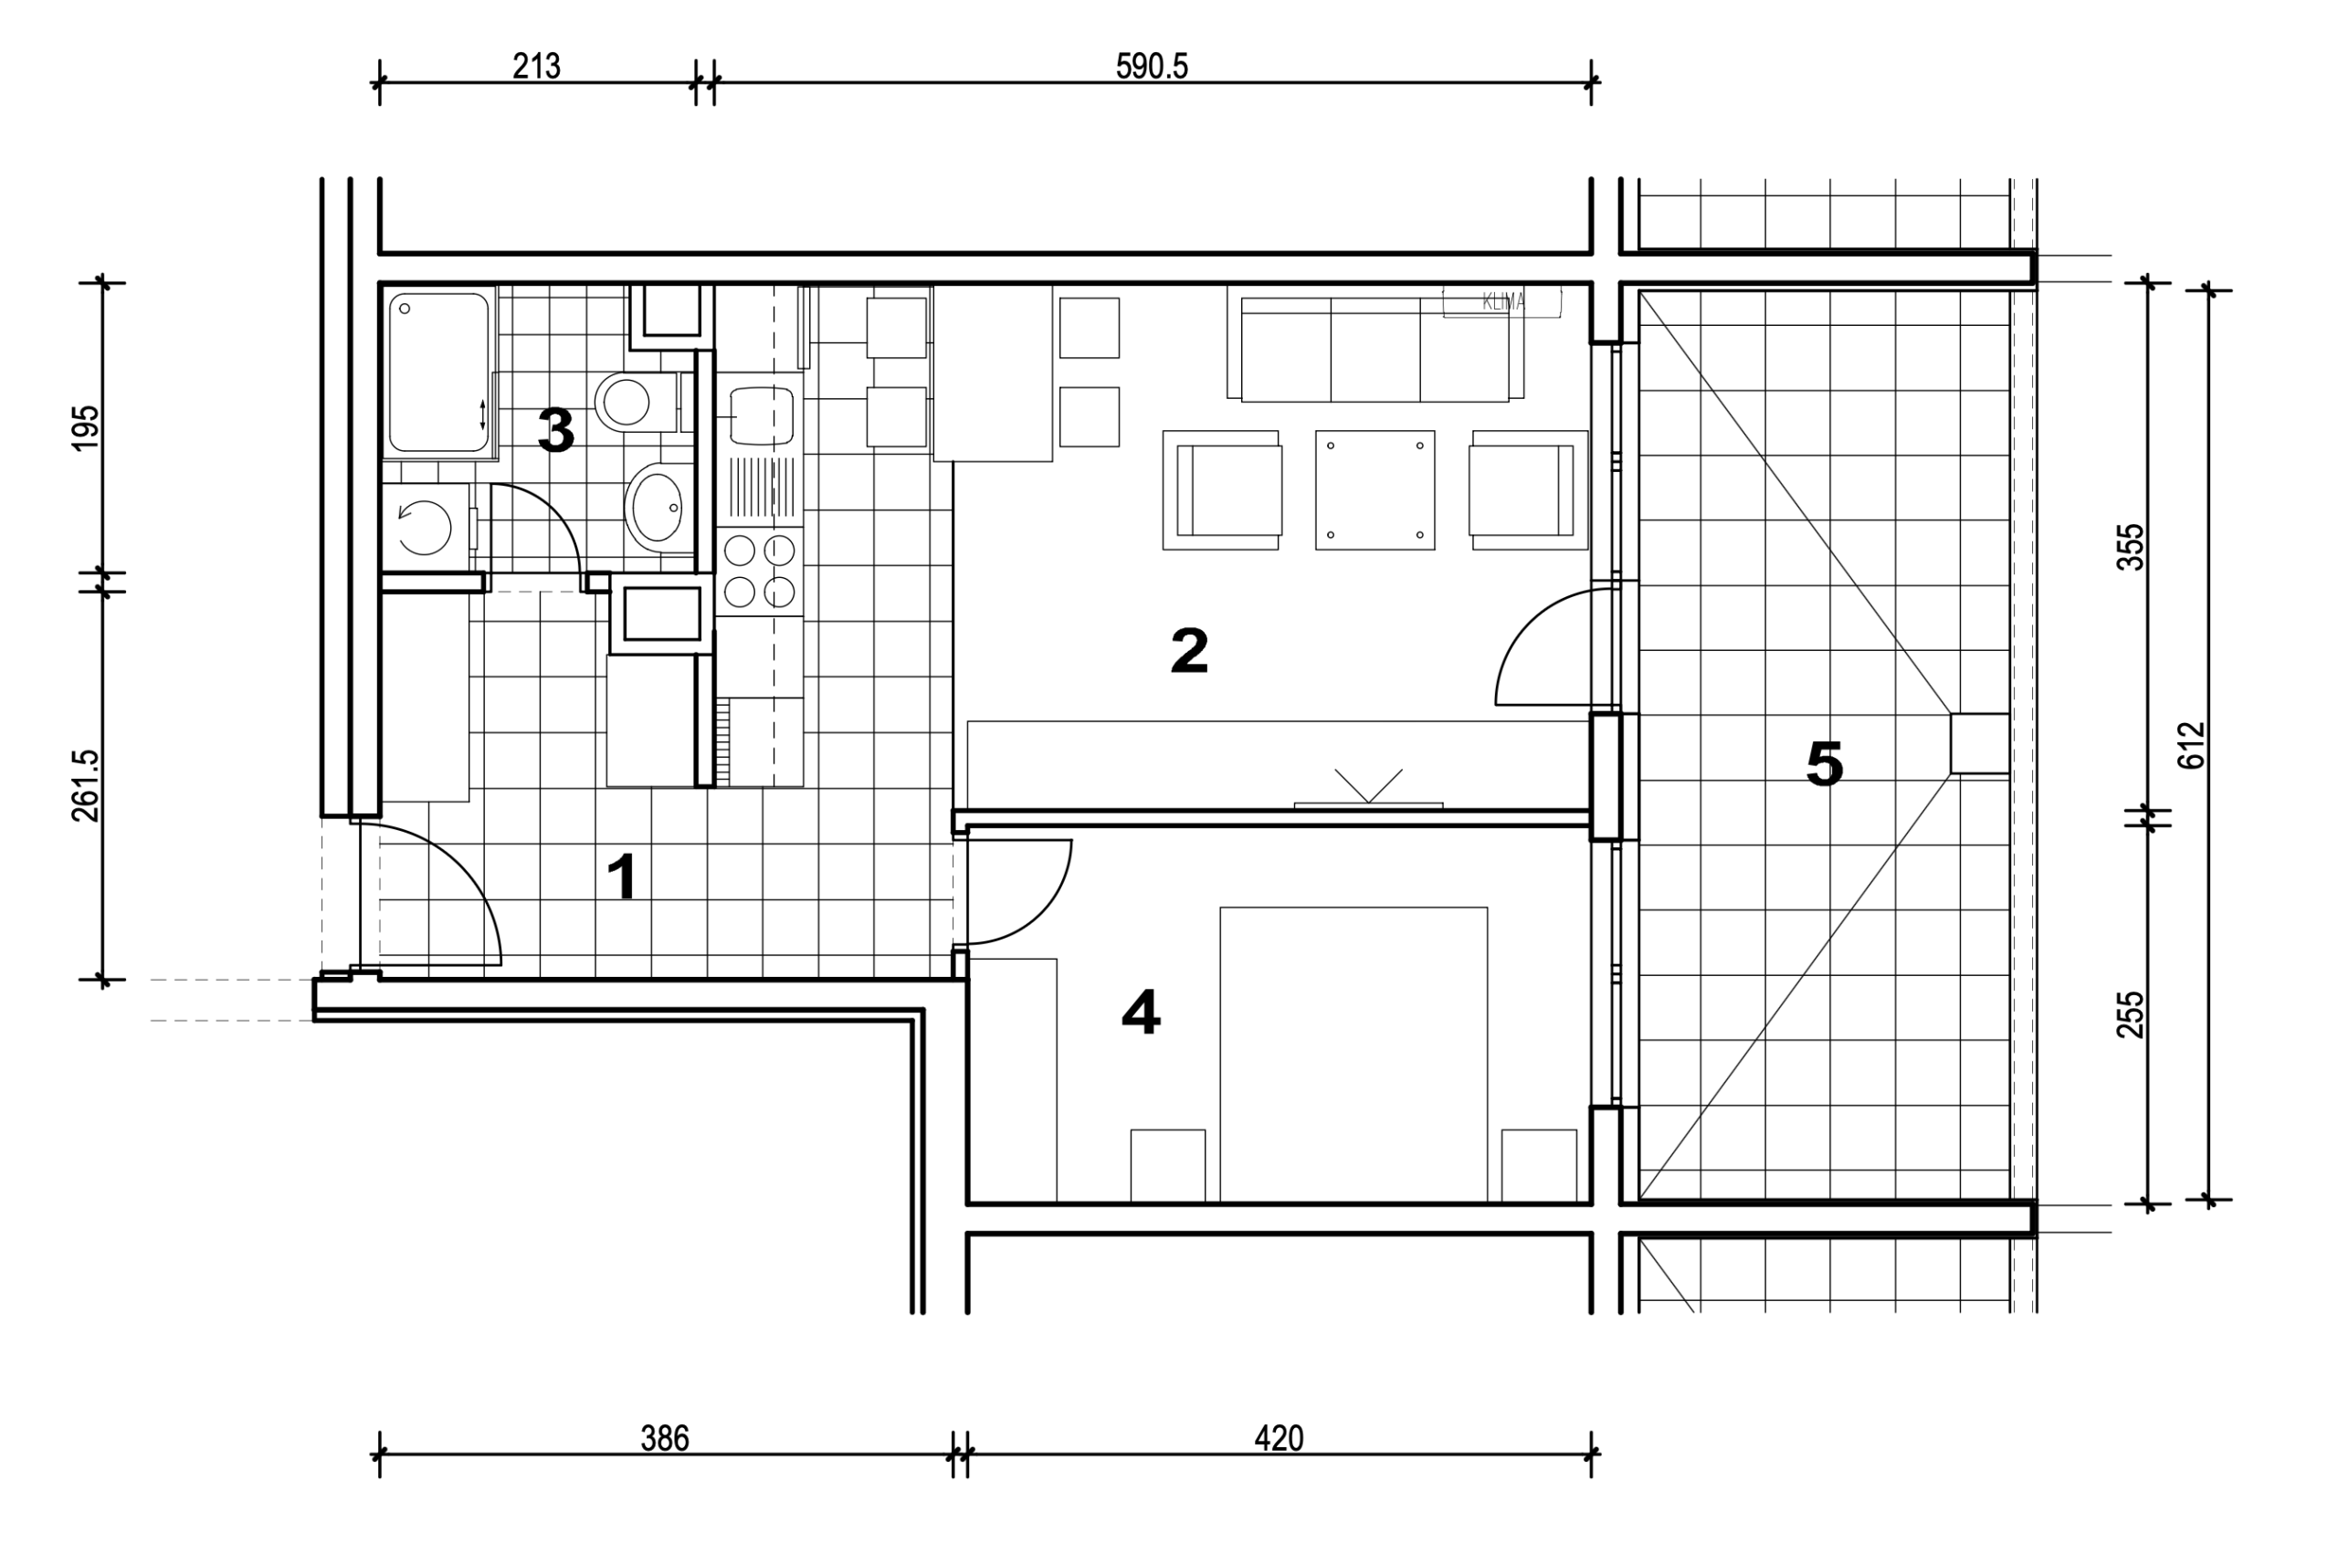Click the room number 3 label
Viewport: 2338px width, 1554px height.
555,431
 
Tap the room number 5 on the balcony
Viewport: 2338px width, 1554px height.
1825,764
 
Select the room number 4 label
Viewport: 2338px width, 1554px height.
1141,1013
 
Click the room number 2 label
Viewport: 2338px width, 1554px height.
1189,650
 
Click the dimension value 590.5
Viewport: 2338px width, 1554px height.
1152,67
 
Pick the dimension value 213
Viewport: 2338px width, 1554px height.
536,67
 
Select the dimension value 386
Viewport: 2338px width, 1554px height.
664,1438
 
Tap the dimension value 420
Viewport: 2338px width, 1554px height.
1279,1438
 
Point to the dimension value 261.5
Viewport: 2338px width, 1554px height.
86,785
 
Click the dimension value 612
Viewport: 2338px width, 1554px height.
2191,744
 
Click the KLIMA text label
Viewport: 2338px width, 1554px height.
1502,302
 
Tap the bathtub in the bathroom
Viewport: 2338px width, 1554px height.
439,373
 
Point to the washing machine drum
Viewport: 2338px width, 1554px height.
424,527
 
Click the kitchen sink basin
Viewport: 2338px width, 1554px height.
763,415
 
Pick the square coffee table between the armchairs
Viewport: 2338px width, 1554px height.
1374,489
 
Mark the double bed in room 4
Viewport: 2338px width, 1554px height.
1353,1055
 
